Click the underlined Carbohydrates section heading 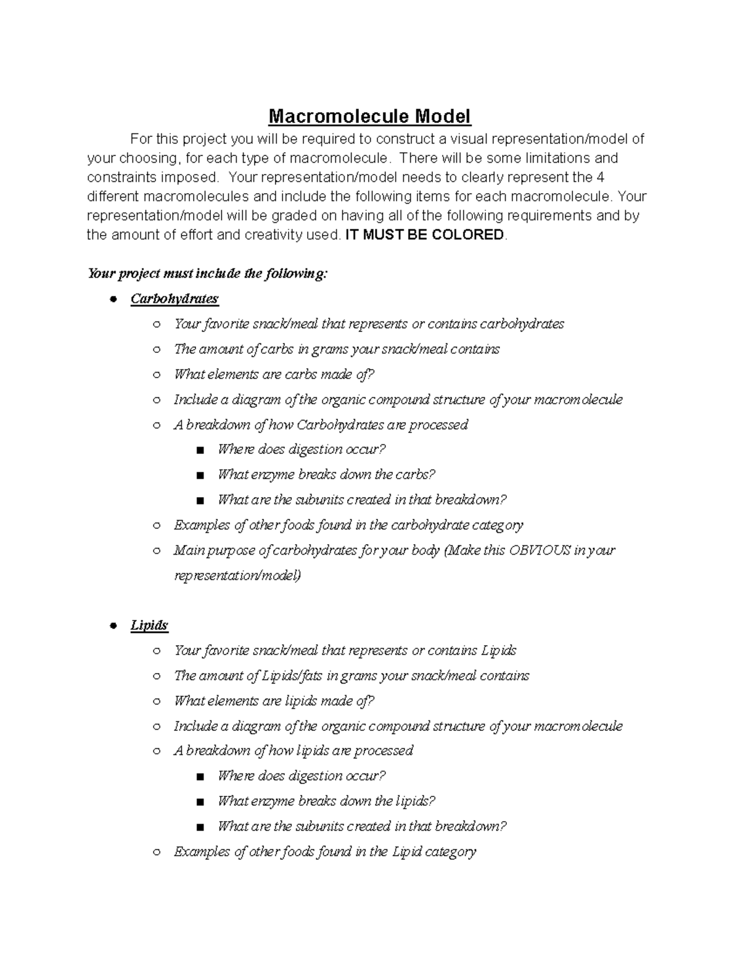[175, 299]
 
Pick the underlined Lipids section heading [149, 625]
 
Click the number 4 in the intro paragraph [601, 178]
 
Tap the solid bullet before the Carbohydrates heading [113, 299]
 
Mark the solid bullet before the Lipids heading [113, 626]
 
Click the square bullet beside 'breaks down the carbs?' [200, 476]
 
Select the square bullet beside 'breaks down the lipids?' [200, 802]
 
